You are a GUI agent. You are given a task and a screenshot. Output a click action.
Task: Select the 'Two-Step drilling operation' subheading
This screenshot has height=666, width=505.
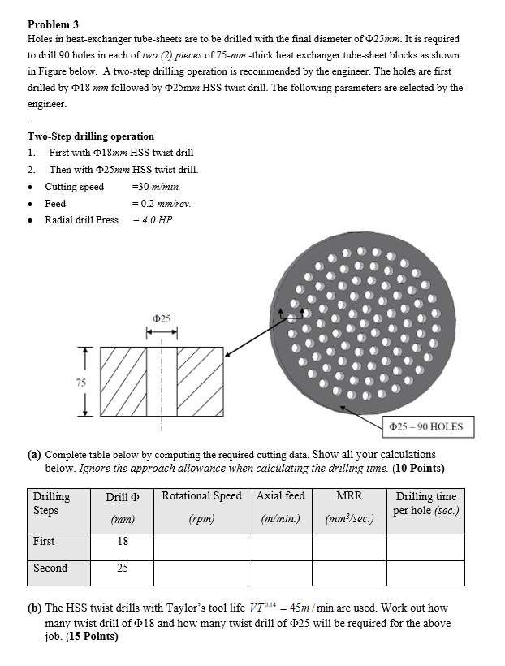(x=90, y=136)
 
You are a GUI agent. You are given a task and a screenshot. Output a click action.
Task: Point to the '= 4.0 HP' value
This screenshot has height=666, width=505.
(x=153, y=220)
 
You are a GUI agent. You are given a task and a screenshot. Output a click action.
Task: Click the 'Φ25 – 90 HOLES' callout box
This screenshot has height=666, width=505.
(x=425, y=426)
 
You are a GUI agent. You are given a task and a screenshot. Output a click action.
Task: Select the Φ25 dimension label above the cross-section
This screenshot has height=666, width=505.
(x=161, y=318)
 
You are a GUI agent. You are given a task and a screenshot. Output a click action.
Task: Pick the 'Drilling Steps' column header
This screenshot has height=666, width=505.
(x=52, y=503)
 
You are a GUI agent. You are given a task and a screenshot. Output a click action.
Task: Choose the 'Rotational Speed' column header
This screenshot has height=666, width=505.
(x=201, y=496)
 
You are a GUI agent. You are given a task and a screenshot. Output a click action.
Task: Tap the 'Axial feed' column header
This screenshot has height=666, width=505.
(x=280, y=496)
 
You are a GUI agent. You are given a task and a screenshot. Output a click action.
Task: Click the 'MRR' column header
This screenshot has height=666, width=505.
(x=349, y=496)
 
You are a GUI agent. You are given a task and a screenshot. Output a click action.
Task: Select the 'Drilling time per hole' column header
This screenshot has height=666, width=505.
(x=425, y=503)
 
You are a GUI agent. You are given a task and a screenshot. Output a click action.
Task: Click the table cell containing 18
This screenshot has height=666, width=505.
(x=122, y=541)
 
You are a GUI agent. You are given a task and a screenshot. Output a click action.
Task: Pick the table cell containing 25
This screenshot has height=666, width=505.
(x=122, y=568)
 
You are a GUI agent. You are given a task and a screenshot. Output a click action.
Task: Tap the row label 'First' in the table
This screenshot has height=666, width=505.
(x=45, y=541)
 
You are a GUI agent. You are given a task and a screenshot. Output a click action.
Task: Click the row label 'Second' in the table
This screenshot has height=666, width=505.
(x=50, y=568)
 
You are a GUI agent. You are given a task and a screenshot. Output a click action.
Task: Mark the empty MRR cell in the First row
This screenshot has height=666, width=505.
(x=349, y=547)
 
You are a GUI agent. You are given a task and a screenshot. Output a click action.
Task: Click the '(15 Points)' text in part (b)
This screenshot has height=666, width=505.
(x=90, y=636)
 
